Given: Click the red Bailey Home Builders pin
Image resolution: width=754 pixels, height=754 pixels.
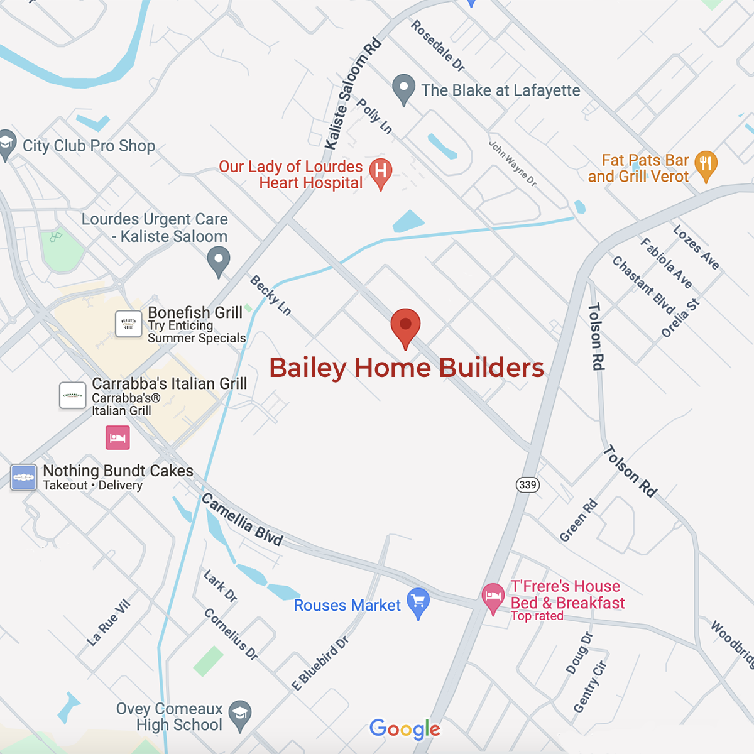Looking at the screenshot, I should pyautogui.click(x=405, y=325).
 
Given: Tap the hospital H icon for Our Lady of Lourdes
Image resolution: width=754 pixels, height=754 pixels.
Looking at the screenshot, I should pyautogui.click(x=381, y=171).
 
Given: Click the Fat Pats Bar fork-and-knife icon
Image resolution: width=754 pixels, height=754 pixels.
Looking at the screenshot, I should pyautogui.click(x=706, y=165).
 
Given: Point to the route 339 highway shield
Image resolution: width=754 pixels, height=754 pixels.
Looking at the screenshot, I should pyautogui.click(x=528, y=484).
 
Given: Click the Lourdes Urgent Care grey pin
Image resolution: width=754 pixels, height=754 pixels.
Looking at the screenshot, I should pyautogui.click(x=219, y=260).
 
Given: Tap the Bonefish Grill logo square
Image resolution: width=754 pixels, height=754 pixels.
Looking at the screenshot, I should pyautogui.click(x=129, y=324).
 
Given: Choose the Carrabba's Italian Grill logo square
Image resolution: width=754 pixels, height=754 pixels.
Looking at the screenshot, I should pyautogui.click(x=73, y=396).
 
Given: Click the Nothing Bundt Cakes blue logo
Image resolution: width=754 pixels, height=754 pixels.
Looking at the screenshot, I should pyautogui.click(x=24, y=478).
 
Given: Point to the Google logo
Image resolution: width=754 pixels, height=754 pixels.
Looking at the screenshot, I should pyautogui.click(x=405, y=729).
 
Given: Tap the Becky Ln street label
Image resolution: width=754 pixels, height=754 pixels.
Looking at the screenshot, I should pyautogui.click(x=271, y=295).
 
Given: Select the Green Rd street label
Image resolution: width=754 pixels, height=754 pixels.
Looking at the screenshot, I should pyautogui.click(x=579, y=521).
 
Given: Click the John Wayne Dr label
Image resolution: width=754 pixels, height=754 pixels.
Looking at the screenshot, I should pyautogui.click(x=513, y=163).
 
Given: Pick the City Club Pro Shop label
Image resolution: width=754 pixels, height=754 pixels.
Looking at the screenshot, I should pyautogui.click(x=89, y=146).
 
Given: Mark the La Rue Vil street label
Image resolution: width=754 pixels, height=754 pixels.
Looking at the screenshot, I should pyautogui.click(x=109, y=623).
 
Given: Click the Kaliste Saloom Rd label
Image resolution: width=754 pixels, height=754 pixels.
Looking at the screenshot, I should pyautogui.click(x=352, y=94).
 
